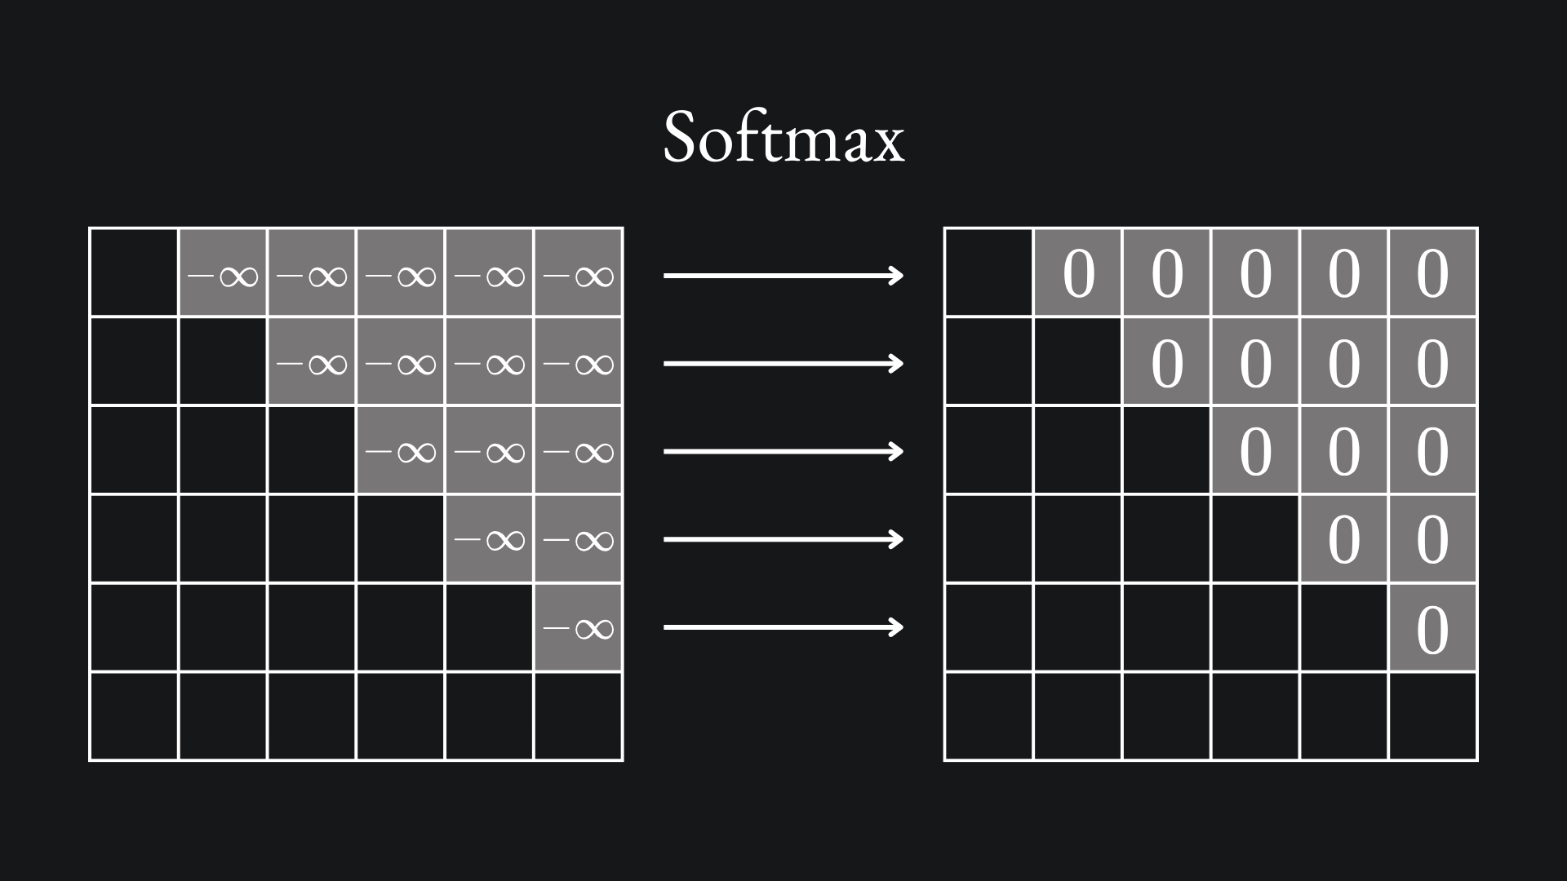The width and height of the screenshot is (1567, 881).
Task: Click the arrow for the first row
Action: (x=783, y=276)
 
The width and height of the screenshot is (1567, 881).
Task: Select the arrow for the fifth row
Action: (x=783, y=626)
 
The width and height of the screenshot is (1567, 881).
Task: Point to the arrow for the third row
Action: (x=783, y=451)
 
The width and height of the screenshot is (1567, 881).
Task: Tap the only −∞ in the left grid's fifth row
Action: (x=578, y=627)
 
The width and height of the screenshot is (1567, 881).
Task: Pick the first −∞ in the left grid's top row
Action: (x=223, y=276)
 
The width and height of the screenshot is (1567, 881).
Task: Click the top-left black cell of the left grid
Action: (x=134, y=272)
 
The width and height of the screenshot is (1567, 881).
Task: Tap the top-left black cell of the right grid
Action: (x=988, y=272)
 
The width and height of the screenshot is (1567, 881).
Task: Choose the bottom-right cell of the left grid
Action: (x=578, y=715)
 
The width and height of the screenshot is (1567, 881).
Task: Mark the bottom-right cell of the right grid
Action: (x=1432, y=715)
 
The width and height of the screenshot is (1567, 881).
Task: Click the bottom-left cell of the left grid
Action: (x=134, y=715)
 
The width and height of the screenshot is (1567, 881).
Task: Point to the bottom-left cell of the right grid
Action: (x=988, y=715)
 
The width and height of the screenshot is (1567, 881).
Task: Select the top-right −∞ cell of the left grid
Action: (x=578, y=276)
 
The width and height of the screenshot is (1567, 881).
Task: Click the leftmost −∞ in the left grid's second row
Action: (x=312, y=363)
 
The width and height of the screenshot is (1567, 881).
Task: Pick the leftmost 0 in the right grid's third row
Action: (x=1255, y=451)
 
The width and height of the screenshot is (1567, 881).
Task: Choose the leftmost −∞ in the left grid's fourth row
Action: (x=489, y=539)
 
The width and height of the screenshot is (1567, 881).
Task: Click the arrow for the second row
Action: (x=783, y=363)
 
